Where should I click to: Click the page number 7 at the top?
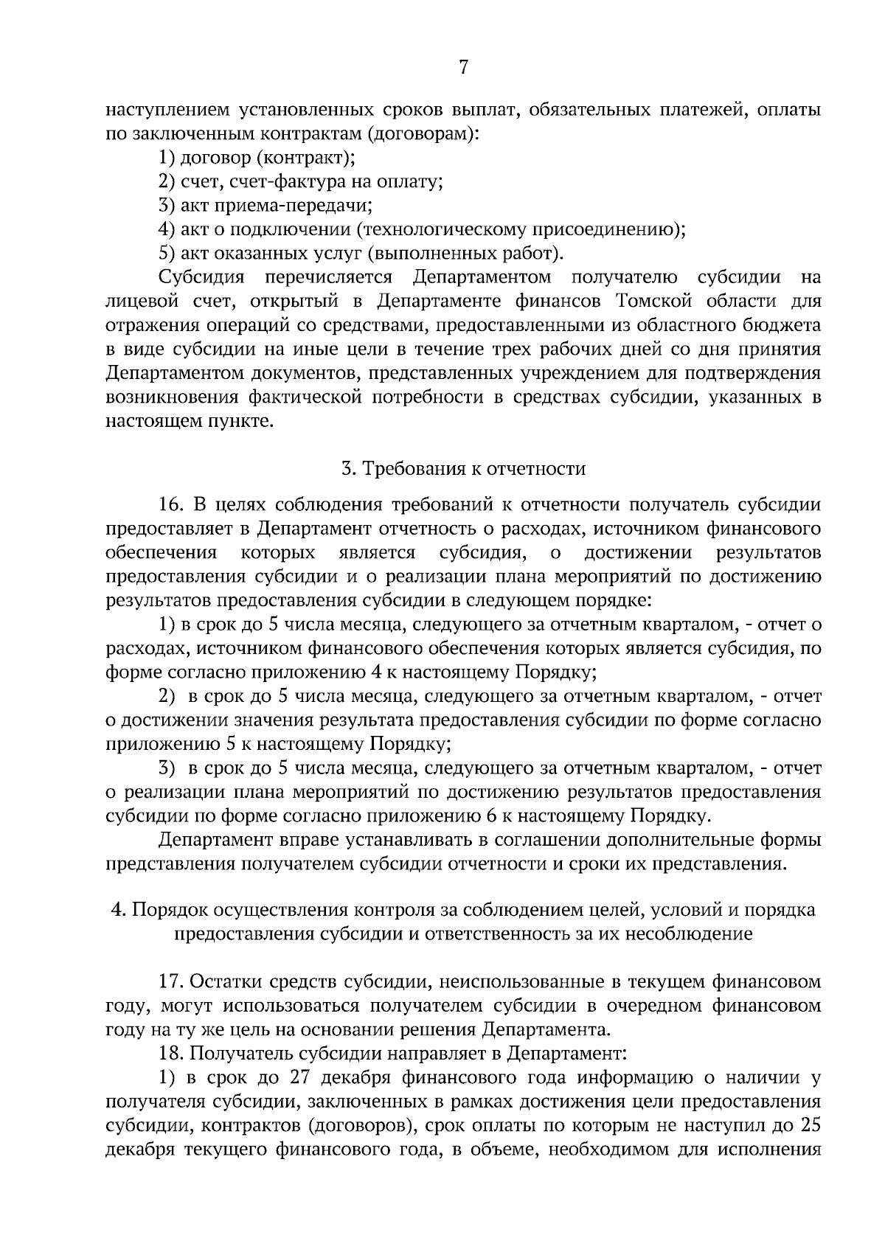[463, 68]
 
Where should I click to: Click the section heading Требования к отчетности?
[463, 469]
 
